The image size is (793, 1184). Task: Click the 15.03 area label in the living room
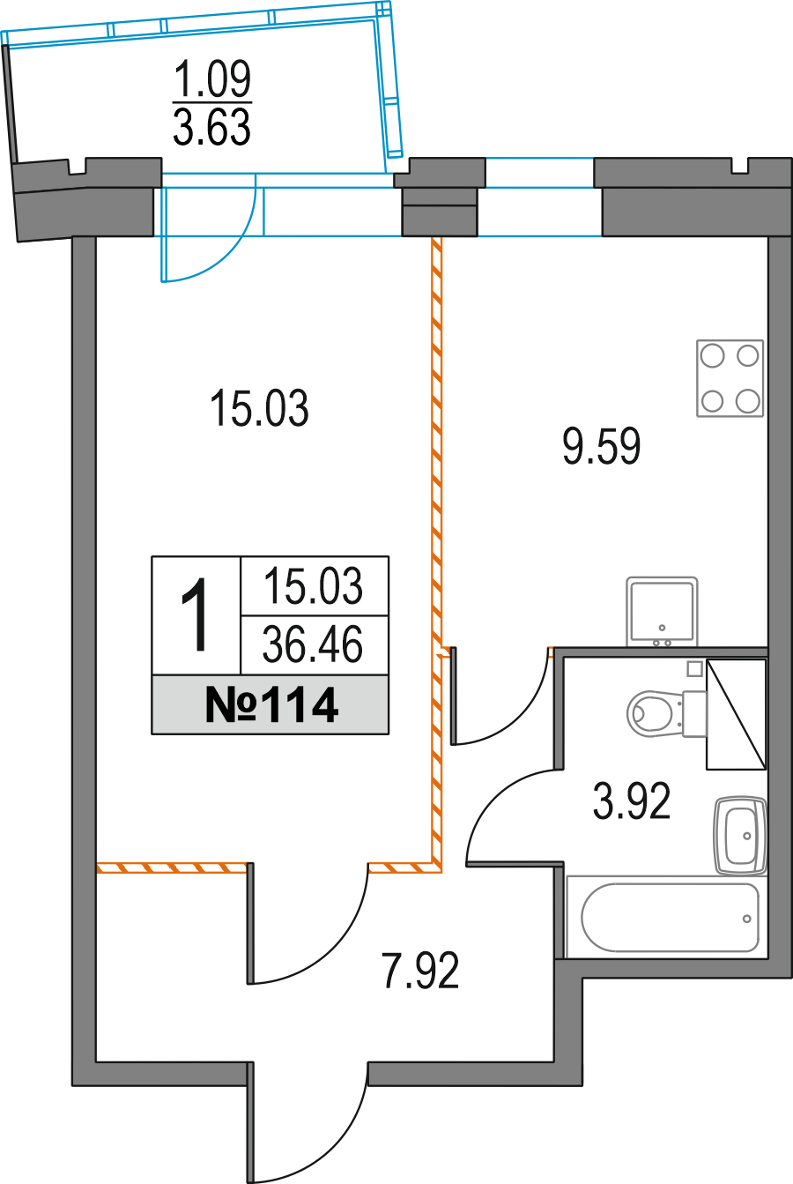pos(259,410)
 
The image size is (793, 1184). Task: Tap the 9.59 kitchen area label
pos(601,447)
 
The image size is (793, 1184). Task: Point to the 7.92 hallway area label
pos(419,972)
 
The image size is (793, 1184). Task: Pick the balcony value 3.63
pos(211,129)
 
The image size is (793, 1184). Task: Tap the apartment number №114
pos(271,705)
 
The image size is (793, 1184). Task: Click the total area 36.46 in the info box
pos(314,645)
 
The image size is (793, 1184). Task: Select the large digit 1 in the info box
pos(195,615)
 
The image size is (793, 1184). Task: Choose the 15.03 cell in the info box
pos(314,586)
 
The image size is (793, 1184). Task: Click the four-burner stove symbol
pos(730,379)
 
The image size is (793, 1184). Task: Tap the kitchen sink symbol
pos(662,611)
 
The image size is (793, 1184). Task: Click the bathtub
pos(670,917)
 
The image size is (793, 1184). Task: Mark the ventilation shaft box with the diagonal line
pos(736,714)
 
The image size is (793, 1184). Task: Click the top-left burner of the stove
pos(712,356)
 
